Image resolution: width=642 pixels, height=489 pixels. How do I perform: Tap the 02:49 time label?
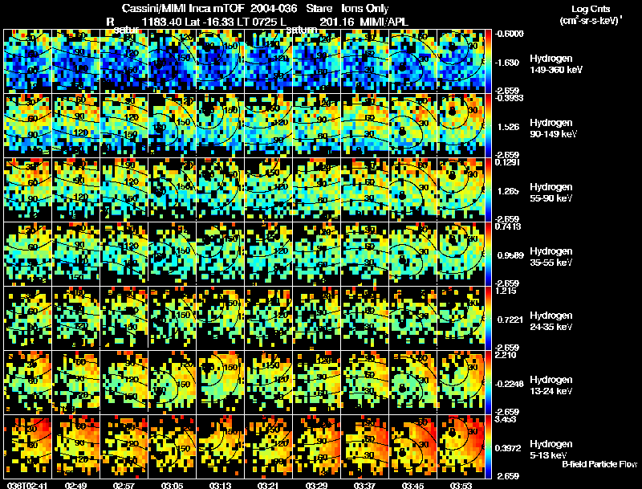pyautogui.click(x=76, y=485)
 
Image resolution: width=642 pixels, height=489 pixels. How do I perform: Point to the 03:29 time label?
pyautogui.click(x=317, y=485)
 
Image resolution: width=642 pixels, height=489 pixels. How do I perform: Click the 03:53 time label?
pyautogui.click(x=461, y=485)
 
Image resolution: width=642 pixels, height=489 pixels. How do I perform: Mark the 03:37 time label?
pyautogui.click(x=365, y=485)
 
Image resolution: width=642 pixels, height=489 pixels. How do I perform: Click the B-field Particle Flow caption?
pyautogui.click(x=599, y=465)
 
